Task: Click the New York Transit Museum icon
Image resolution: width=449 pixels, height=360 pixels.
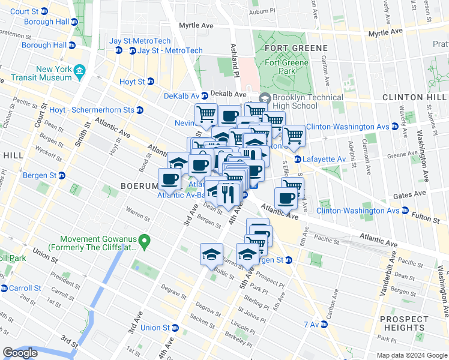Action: (79, 74)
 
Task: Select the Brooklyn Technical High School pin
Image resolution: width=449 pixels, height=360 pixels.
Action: (264, 98)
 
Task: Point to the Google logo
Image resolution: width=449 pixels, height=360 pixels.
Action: (20, 353)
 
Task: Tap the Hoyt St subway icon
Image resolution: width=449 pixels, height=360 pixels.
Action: (151, 82)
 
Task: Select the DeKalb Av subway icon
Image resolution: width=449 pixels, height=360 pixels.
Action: (204, 95)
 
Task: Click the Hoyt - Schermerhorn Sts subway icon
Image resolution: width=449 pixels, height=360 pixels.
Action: (140, 110)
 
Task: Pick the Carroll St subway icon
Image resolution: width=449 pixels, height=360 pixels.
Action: (4, 288)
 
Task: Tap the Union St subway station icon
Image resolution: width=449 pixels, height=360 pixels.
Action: (175, 328)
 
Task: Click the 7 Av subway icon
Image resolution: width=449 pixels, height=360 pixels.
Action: (324, 324)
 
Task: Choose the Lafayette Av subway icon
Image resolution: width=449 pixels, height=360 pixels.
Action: (298, 159)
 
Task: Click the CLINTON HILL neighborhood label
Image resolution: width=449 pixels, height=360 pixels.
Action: (414, 97)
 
